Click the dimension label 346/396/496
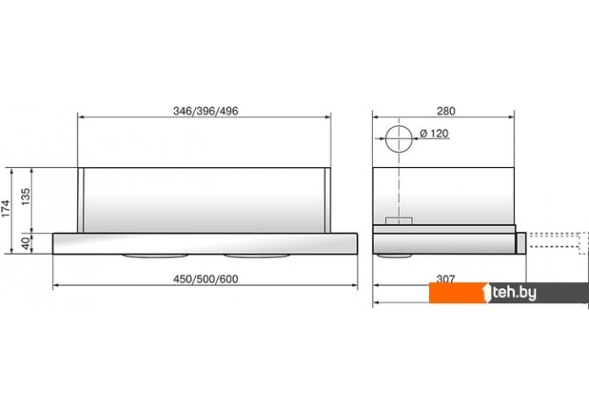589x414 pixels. (206, 112)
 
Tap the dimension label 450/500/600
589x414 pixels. (206, 280)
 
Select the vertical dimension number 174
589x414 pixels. (6, 209)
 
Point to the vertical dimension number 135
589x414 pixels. (25, 197)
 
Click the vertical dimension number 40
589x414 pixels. (25, 243)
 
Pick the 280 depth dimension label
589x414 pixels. (446, 112)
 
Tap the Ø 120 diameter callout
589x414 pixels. (434, 134)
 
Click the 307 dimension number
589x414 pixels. (446, 279)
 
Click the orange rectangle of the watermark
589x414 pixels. (458, 293)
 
